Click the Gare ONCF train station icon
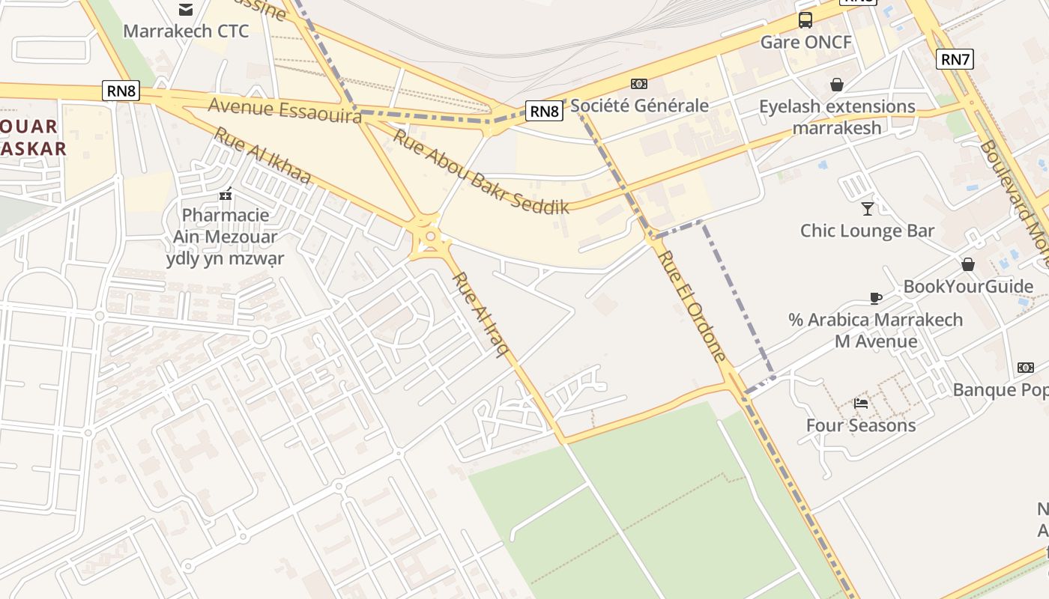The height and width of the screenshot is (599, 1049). coord(805,20)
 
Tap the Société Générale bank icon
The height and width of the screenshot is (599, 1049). coord(639,84)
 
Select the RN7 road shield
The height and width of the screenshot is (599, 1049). coord(955,59)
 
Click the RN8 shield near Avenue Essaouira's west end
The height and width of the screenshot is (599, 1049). coord(121,91)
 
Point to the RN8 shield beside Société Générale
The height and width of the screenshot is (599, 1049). coord(544,112)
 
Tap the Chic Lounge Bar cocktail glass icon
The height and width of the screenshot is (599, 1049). coord(868,209)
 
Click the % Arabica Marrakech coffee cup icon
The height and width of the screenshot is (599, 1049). coord(875,298)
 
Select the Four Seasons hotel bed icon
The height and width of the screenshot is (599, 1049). coord(861,404)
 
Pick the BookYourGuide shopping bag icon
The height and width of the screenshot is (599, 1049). coord(968,264)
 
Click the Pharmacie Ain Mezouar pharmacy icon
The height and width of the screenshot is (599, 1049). coord(226,195)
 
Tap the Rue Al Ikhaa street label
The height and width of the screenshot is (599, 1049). coord(262,156)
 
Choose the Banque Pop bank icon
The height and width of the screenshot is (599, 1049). coord(1026,368)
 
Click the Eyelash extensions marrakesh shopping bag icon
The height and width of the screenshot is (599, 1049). coord(836,85)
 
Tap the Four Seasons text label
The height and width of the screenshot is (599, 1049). coord(861,425)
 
